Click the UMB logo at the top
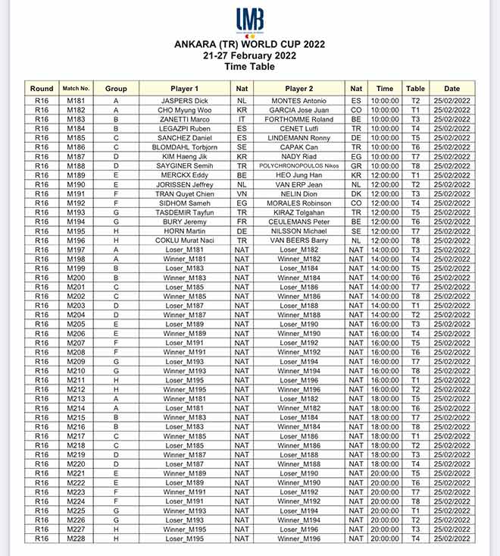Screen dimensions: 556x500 click(250, 20)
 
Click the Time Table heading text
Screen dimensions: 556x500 click(250, 68)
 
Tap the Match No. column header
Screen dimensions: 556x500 click(77, 89)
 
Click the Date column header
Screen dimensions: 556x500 click(452, 89)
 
